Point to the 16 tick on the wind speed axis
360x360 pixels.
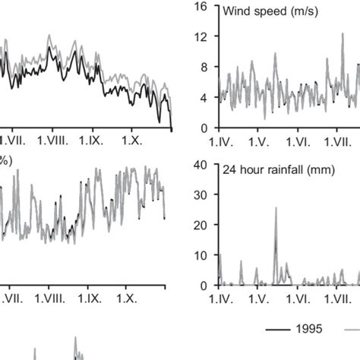click(x=202, y=7)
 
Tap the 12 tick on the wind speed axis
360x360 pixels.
click(x=202, y=37)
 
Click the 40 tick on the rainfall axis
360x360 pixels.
click(x=202, y=165)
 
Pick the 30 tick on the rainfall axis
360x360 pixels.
click(x=202, y=195)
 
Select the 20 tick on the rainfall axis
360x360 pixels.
click(x=202, y=225)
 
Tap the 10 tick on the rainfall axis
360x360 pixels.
click(x=202, y=255)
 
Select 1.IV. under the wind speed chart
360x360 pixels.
click(x=223, y=141)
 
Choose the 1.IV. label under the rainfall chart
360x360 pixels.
click(x=223, y=299)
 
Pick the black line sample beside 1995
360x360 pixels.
click(x=280, y=329)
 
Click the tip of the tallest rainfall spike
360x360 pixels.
click(x=276, y=207)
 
